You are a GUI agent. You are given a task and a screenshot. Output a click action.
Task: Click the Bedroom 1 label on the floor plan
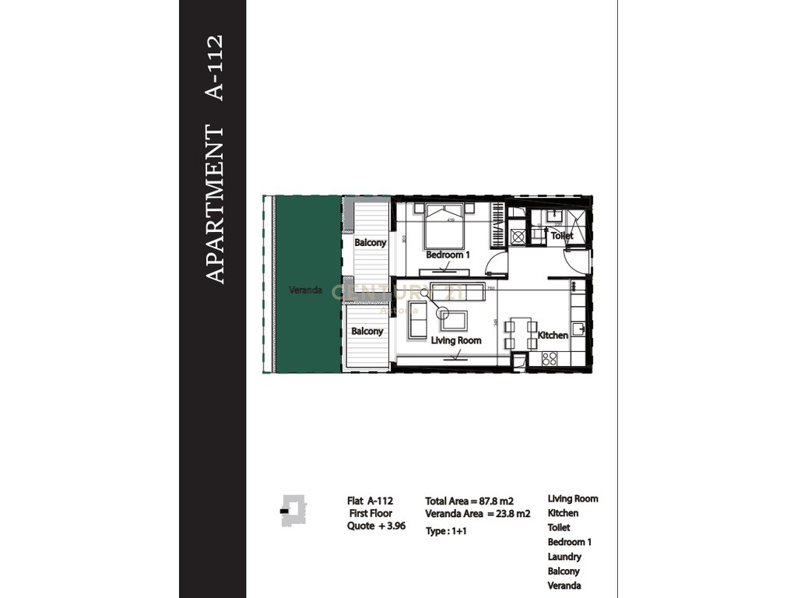tap(448, 255)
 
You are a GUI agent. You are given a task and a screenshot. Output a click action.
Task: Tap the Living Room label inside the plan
tap(456, 340)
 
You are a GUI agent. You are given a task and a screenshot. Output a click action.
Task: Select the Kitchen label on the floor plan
tap(553, 336)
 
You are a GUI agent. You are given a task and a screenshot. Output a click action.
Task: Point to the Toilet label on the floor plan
tap(562, 235)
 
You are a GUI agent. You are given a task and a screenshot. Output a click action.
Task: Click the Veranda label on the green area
tap(305, 290)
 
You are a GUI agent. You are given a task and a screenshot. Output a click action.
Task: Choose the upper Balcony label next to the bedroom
tap(370, 243)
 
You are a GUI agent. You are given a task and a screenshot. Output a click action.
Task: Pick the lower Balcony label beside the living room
tap(367, 331)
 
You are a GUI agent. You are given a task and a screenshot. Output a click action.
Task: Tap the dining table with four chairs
tap(520, 334)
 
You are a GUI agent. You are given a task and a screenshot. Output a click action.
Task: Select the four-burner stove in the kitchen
tap(549, 359)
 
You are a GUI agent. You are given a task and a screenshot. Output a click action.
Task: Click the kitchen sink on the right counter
tap(578, 329)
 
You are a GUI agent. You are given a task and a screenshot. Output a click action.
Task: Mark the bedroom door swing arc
tap(490, 267)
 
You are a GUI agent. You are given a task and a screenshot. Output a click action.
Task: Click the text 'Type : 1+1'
tap(447, 531)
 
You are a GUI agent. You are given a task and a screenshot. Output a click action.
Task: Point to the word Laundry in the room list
tap(564, 557)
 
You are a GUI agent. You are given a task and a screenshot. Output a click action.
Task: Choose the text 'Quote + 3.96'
tap(376, 526)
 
